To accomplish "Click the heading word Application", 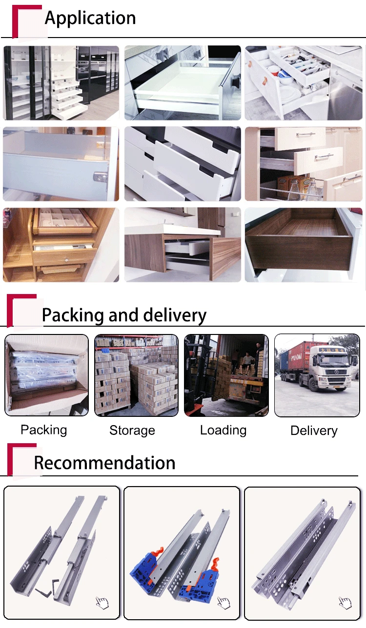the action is (90, 18).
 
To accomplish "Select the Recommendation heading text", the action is (104, 463).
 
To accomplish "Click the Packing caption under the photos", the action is (43, 430).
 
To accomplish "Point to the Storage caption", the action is (132, 430).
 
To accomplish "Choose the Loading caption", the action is (223, 430).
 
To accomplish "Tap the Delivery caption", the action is (314, 431).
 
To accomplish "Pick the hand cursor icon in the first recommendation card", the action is (102, 603).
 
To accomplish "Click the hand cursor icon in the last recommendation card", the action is (345, 603).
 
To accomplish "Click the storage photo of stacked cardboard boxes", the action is (136, 375).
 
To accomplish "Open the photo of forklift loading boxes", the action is (226, 375).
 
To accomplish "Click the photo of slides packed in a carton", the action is (46, 375).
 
